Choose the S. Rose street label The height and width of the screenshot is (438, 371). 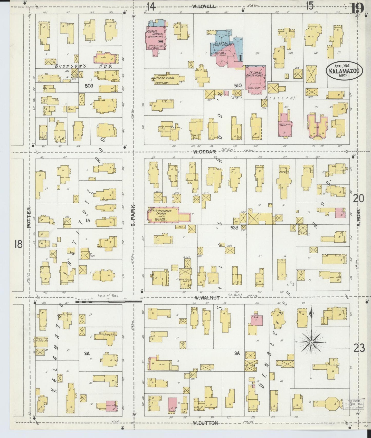tap(359, 218)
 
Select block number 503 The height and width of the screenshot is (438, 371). tap(89, 86)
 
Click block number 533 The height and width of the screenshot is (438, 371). tap(234, 227)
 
